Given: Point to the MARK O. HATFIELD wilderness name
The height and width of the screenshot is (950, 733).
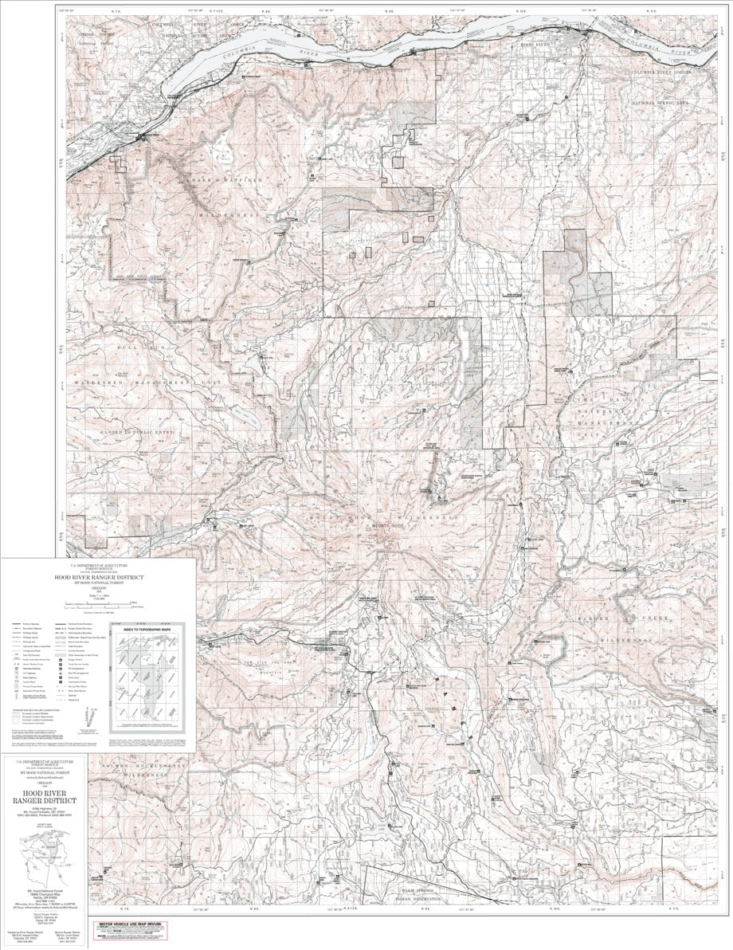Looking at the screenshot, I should tap(225, 180).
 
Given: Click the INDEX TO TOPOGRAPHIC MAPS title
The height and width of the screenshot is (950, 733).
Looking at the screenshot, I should tap(147, 630).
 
